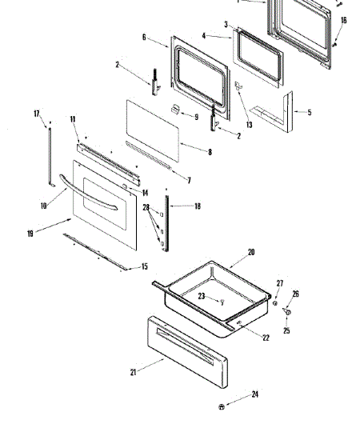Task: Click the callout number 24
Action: click(254, 394)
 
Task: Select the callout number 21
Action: click(134, 371)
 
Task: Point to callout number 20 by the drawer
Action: click(250, 252)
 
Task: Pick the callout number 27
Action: click(279, 283)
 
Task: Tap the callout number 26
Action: click(295, 294)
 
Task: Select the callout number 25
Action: click(287, 330)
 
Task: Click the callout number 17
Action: click(37, 114)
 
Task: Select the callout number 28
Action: click(146, 208)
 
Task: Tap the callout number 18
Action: click(198, 206)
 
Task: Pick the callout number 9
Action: click(195, 118)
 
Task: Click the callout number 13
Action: click(249, 124)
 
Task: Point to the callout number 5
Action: click(309, 113)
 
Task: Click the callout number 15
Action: click(144, 266)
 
